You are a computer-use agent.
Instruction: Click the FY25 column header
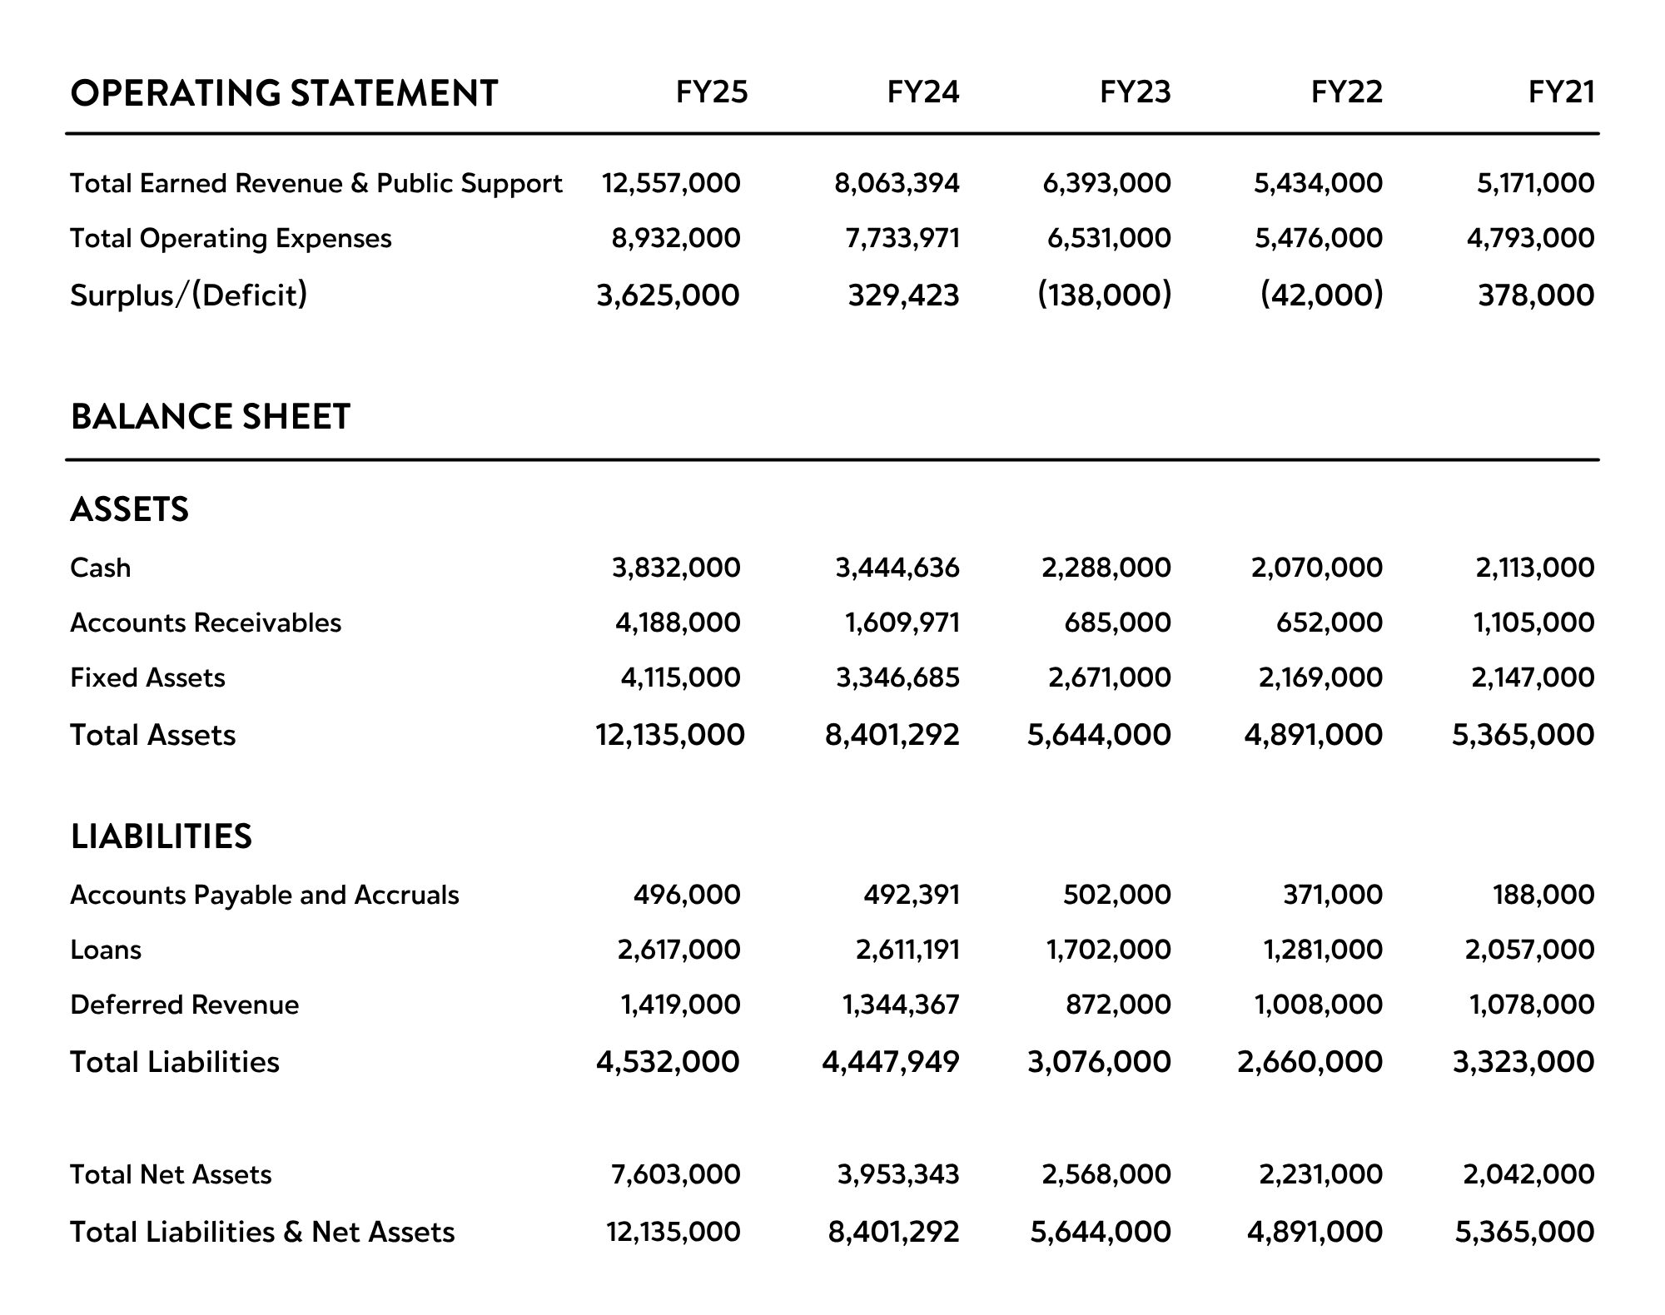(x=712, y=92)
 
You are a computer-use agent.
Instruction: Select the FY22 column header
(x=1346, y=92)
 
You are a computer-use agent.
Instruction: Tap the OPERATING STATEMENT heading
(x=284, y=93)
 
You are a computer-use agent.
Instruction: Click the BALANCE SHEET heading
(x=211, y=417)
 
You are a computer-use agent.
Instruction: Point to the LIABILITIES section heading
(x=162, y=836)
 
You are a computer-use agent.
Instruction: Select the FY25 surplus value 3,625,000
(x=668, y=295)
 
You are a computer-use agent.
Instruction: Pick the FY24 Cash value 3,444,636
(x=897, y=568)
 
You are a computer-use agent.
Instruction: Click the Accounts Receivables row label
(x=206, y=623)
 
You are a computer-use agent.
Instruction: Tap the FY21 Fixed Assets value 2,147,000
(x=1533, y=677)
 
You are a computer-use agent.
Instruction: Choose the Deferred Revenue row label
(x=185, y=1005)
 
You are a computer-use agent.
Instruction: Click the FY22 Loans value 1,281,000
(x=1323, y=950)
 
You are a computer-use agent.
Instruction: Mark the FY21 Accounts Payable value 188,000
(x=1543, y=895)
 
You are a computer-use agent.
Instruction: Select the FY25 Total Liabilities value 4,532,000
(x=668, y=1062)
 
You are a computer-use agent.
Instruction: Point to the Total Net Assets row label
(x=171, y=1174)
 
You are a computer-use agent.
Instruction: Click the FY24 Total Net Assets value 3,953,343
(x=898, y=1174)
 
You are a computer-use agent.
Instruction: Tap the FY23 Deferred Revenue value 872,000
(x=1118, y=1005)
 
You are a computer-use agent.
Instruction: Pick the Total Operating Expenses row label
(x=231, y=239)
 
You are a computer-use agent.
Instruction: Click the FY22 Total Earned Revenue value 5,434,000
(x=1318, y=183)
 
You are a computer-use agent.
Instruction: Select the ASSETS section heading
(x=130, y=509)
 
